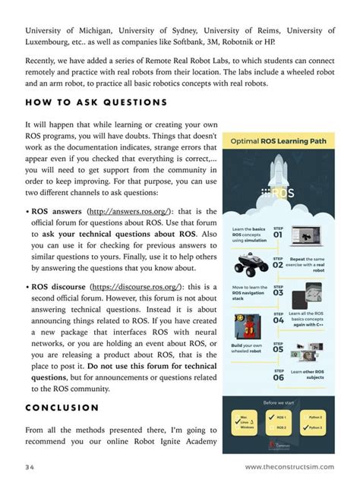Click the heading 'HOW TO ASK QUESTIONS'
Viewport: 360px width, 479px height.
96,102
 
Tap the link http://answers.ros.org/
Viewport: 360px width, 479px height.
130,213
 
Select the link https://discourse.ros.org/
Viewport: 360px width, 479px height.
137,288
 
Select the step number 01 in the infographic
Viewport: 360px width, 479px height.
278,235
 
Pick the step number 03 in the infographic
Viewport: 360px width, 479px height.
278,291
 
